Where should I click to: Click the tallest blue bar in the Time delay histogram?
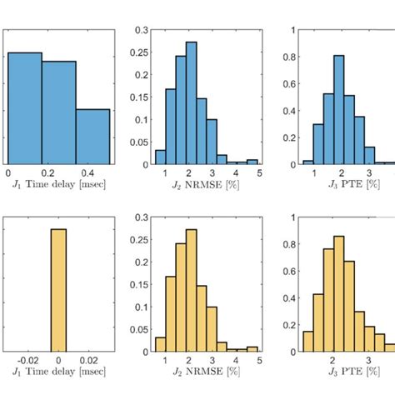(24, 108)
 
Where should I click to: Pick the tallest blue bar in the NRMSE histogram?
(192, 103)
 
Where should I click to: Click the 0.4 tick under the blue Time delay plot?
(76, 172)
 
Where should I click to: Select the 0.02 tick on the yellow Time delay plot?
(90, 359)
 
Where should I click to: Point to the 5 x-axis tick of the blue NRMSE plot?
(259, 172)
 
